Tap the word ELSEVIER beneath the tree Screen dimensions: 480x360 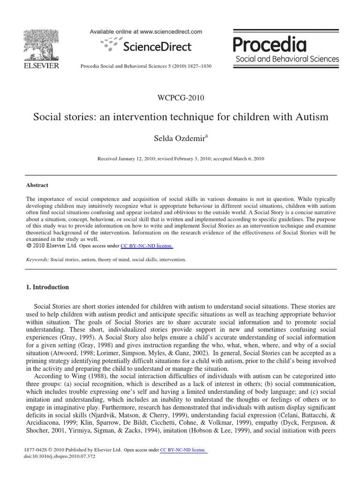click(41, 66)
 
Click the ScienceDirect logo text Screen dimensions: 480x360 click(157, 46)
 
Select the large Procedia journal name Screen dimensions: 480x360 click(270, 45)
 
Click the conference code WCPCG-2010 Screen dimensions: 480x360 click(181, 97)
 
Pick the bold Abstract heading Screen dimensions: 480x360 click(37, 185)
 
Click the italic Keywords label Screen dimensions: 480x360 click(37, 259)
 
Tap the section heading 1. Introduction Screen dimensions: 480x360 click(47, 287)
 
